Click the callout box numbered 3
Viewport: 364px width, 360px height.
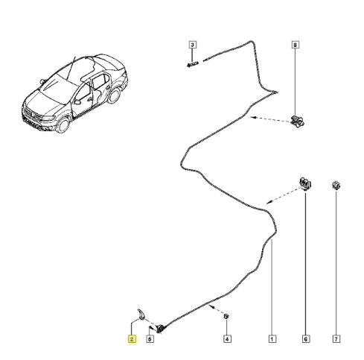[193, 45]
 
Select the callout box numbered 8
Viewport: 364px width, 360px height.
[295, 45]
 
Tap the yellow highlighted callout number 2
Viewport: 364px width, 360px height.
[132, 339]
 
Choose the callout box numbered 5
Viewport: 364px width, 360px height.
[150, 339]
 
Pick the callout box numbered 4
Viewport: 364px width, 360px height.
[227, 339]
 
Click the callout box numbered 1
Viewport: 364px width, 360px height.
[272, 339]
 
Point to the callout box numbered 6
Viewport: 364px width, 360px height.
[306, 339]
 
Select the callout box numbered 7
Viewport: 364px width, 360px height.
[336, 339]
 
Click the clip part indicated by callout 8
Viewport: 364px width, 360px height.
[297, 121]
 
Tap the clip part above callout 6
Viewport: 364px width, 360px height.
[305, 183]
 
